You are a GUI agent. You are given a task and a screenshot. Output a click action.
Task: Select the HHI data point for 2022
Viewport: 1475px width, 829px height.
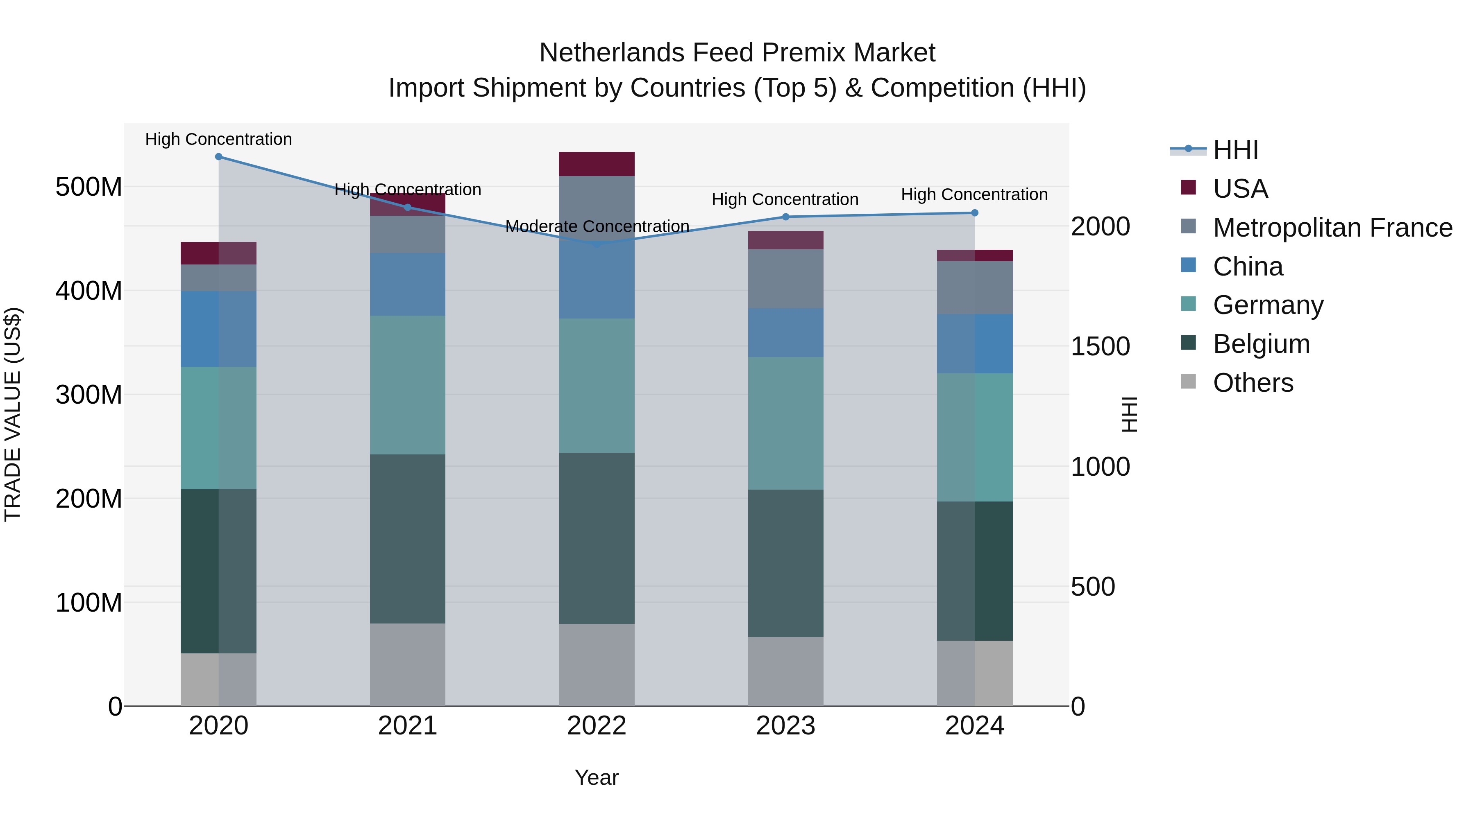[x=597, y=244]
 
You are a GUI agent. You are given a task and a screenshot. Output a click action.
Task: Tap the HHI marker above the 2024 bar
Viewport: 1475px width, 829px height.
[x=975, y=213]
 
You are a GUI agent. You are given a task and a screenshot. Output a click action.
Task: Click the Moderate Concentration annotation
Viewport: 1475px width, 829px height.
[x=597, y=226]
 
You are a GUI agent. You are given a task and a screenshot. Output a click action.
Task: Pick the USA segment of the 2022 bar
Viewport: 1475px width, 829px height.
[x=597, y=164]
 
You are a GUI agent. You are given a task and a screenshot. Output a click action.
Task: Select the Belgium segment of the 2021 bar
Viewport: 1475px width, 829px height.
[x=408, y=538]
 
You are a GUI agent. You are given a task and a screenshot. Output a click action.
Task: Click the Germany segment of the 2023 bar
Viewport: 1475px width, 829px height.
[x=785, y=423]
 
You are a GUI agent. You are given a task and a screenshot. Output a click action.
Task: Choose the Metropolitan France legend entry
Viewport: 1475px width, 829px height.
[x=1332, y=228]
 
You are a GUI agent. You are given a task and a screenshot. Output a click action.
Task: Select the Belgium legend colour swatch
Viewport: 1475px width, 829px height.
[x=1188, y=343]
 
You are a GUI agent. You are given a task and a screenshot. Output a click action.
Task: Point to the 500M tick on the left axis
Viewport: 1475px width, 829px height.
[x=89, y=187]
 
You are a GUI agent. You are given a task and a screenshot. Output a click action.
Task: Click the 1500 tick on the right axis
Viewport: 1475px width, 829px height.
[x=1100, y=347]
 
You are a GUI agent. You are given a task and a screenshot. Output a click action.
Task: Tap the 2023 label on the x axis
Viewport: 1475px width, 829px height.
[x=785, y=726]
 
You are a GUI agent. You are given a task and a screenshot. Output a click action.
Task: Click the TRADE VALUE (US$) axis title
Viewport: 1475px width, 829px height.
[x=13, y=414]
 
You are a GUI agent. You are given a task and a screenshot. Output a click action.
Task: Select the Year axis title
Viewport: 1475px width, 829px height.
[x=597, y=777]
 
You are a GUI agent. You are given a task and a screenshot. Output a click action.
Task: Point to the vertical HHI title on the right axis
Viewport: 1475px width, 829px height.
[x=1129, y=414]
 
